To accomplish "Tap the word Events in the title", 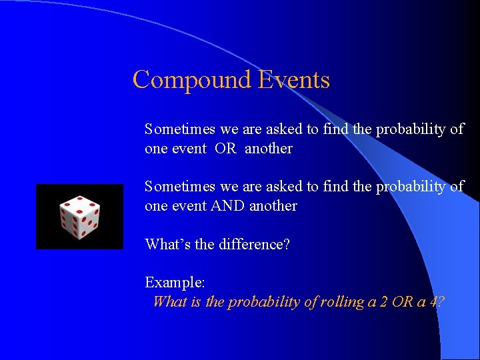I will tap(294, 80).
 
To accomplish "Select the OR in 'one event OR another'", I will tap(225, 149).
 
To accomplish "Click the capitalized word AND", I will tap(228, 206).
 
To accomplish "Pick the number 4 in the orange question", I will tap(434, 302).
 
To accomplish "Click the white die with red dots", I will tap(79, 217).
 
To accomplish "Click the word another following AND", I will tap(273, 206).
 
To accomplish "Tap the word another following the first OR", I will tap(268, 149).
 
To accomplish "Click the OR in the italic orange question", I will tap(402, 302).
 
